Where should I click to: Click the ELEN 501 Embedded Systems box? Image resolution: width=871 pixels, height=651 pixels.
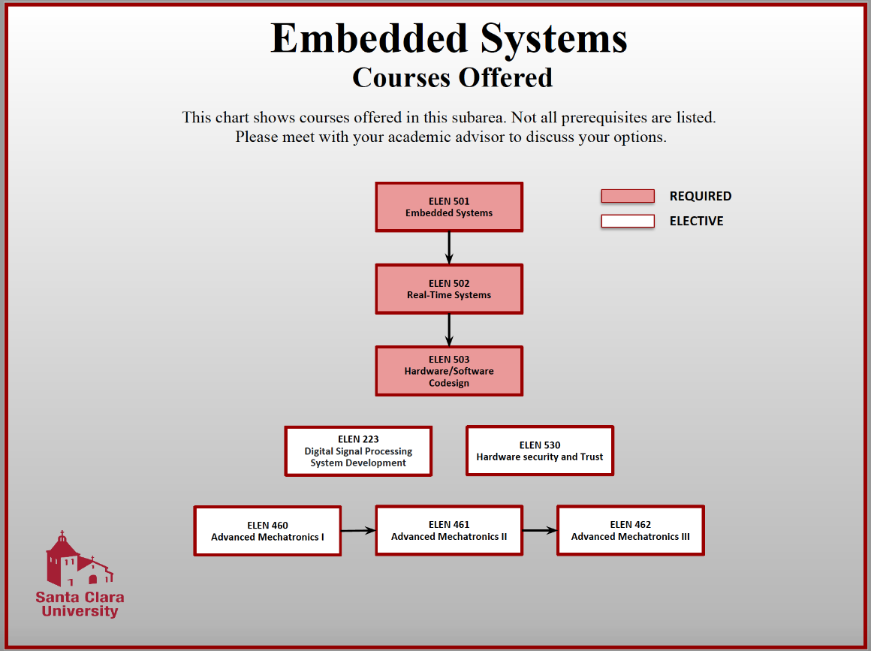pyautogui.click(x=449, y=207)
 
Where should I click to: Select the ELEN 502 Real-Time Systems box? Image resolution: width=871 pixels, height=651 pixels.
pyautogui.click(x=449, y=289)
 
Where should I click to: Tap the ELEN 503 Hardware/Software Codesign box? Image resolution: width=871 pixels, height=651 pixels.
pyautogui.click(x=449, y=371)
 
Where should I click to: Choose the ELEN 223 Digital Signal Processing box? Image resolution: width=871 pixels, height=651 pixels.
pyautogui.click(x=358, y=451)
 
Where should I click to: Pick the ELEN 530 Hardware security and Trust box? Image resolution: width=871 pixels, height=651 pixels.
pyautogui.click(x=540, y=451)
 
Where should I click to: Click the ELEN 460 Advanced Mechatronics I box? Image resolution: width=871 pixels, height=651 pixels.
pyautogui.click(x=267, y=531)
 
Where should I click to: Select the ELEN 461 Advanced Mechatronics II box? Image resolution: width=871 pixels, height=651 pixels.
pyautogui.click(x=449, y=530)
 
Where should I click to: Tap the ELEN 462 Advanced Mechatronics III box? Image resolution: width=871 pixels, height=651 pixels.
pyautogui.click(x=630, y=530)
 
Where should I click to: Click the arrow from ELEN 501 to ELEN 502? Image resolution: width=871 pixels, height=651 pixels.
pyautogui.click(x=449, y=248)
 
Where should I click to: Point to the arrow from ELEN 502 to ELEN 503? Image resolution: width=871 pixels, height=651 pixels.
pyautogui.click(x=449, y=330)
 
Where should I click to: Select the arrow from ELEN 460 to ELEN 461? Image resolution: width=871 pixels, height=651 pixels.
pyautogui.click(x=358, y=530)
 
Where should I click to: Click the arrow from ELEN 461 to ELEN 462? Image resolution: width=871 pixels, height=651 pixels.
pyautogui.click(x=540, y=530)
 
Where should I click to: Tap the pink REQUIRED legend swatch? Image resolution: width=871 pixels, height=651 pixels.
pyautogui.click(x=628, y=196)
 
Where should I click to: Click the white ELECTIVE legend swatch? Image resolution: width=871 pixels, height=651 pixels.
pyautogui.click(x=628, y=221)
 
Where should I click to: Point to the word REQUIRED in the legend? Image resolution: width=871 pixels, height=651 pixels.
pyautogui.click(x=700, y=196)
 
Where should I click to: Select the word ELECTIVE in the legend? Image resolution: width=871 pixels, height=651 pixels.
pyautogui.click(x=696, y=221)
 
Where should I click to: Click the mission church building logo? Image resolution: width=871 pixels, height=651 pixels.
pyautogui.click(x=77, y=559)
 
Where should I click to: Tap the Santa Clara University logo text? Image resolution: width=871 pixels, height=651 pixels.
pyautogui.click(x=80, y=604)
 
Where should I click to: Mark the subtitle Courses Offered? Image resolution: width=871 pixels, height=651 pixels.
pyautogui.click(x=452, y=77)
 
